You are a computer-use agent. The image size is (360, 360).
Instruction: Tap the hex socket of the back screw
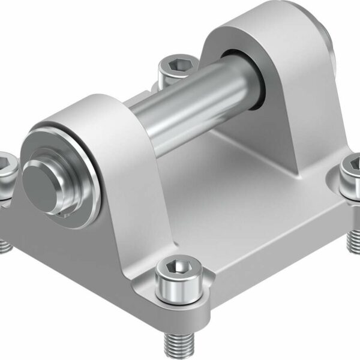(173, 62)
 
